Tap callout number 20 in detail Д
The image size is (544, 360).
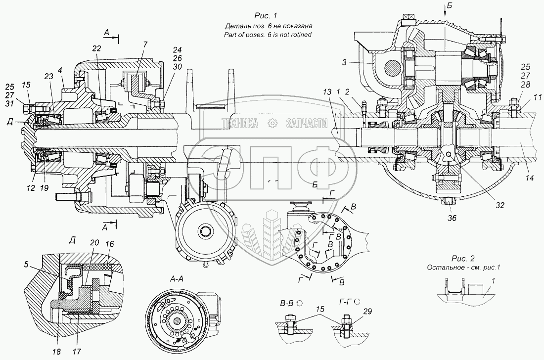coord(95,243)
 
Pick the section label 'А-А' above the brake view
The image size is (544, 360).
coord(177,279)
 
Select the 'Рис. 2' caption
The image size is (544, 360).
coord(463,259)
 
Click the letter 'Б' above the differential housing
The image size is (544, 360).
coord(449,6)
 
